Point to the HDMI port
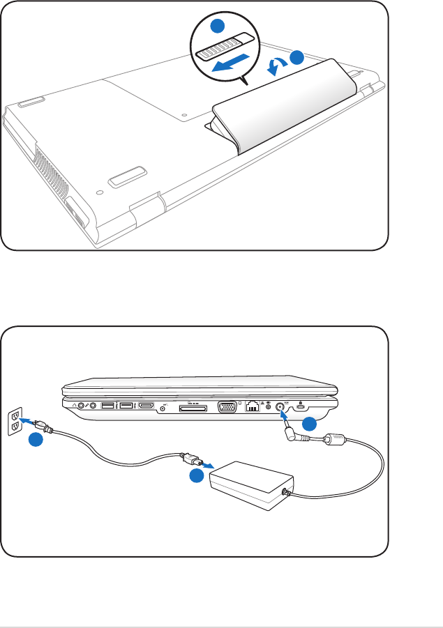146,406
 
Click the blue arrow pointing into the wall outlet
27,422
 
